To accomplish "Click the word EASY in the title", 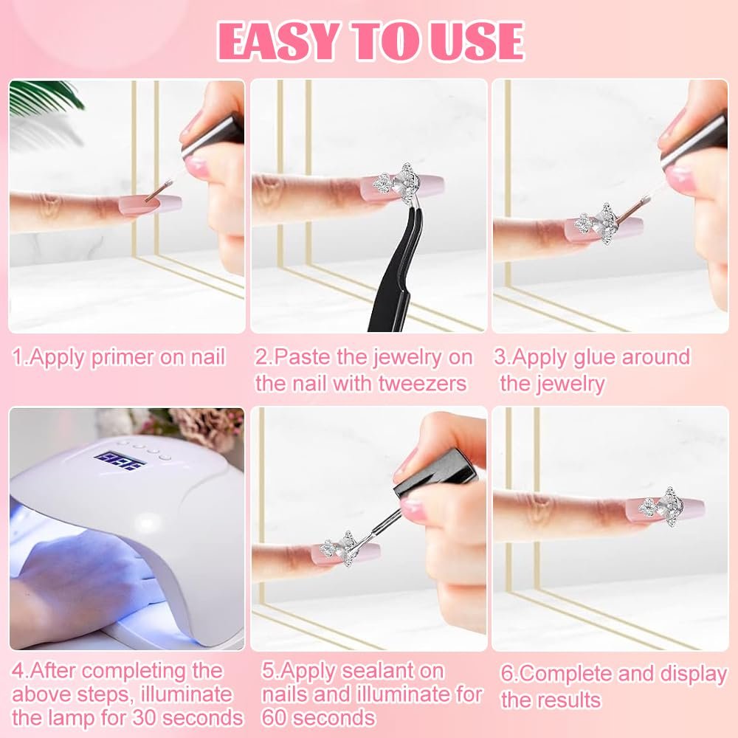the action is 278,41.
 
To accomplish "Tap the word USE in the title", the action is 475,41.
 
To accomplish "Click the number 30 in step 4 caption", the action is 145,718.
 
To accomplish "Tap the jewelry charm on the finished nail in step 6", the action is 661,506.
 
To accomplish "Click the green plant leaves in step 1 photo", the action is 45,97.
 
